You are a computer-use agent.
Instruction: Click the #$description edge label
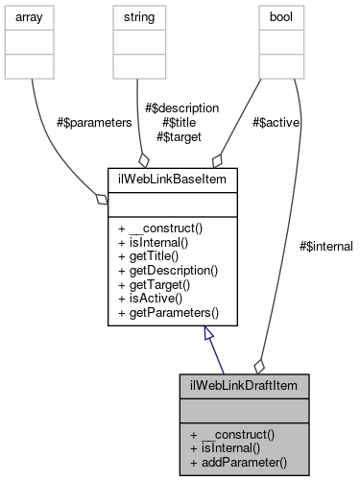180,108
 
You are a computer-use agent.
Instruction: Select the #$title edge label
180,123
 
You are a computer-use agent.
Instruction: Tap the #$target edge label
180,137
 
